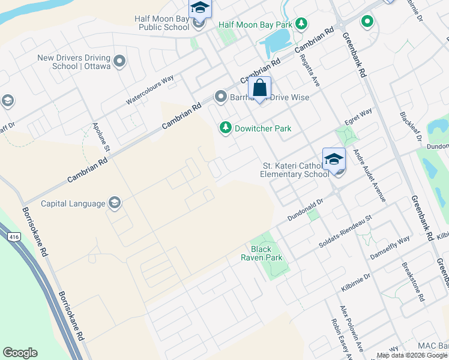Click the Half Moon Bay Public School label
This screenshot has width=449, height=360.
(163, 23)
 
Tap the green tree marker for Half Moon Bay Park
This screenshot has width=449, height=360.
(302, 25)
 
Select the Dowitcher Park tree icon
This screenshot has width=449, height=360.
(225, 128)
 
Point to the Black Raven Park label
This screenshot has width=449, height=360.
(261, 253)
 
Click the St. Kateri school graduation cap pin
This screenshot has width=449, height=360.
(334, 160)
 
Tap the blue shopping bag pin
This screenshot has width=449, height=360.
(259, 88)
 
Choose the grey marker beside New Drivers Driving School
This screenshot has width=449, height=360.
(119, 61)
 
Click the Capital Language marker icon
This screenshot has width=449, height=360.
(113, 203)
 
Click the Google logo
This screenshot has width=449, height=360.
(20, 353)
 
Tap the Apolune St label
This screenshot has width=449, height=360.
(100, 137)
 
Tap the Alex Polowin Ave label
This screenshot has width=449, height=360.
(352, 328)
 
